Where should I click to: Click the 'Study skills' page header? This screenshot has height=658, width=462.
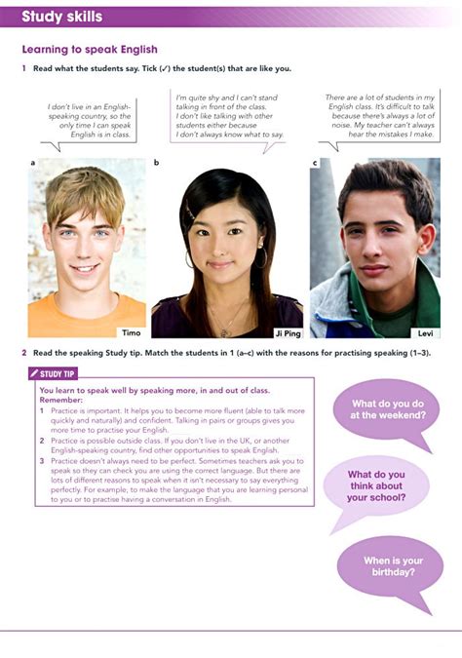pos(61,17)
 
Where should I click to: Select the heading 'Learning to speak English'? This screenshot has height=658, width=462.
pos(89,50)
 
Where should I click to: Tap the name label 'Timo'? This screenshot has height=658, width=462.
pos(130,331)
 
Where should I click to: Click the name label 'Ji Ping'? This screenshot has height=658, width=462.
pos(287,332)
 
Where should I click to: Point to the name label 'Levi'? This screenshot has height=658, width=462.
pos(425,332)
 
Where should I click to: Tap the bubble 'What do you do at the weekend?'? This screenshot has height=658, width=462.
pos(388,409)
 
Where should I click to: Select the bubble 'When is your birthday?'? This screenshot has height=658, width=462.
pos(389,566)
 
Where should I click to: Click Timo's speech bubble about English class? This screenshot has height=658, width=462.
pos(90,120)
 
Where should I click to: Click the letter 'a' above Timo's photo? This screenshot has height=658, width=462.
pos(32,163)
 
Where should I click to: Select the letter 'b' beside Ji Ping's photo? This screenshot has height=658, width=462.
pos(156,163)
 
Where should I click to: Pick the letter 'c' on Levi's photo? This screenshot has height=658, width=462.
pos(315,163)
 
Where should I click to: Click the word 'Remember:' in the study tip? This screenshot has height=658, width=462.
pos(60,400)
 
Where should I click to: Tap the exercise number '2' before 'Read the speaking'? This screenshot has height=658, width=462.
pos(23,352)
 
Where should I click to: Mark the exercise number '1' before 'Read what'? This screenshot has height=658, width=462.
pos(23,68)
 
